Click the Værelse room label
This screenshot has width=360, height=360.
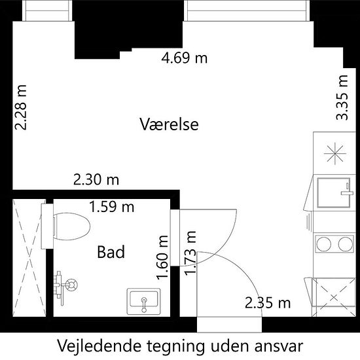(170, 124)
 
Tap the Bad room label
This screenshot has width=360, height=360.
(111, 252)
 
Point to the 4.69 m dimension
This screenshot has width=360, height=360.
(185, 58)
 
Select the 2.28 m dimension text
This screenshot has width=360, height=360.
(21, 107)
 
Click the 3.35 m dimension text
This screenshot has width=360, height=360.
(342, 98)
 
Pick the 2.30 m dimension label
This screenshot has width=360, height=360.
(96, 179)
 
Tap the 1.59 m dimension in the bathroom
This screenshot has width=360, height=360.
(111, 207)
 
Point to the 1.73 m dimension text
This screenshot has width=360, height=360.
(190, 253)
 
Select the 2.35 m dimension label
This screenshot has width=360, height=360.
(268, 302)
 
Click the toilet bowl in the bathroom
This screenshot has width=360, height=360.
(71, 226)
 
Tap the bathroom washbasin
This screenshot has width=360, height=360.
(144, 302)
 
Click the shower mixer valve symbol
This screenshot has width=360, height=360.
(71, 285)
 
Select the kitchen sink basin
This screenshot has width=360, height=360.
(334, 192)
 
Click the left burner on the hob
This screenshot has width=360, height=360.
(323, 243)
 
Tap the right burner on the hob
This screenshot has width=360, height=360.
(346, 243)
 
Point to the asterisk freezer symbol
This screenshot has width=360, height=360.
(335, 153)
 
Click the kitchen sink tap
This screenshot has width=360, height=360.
(347, 189)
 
